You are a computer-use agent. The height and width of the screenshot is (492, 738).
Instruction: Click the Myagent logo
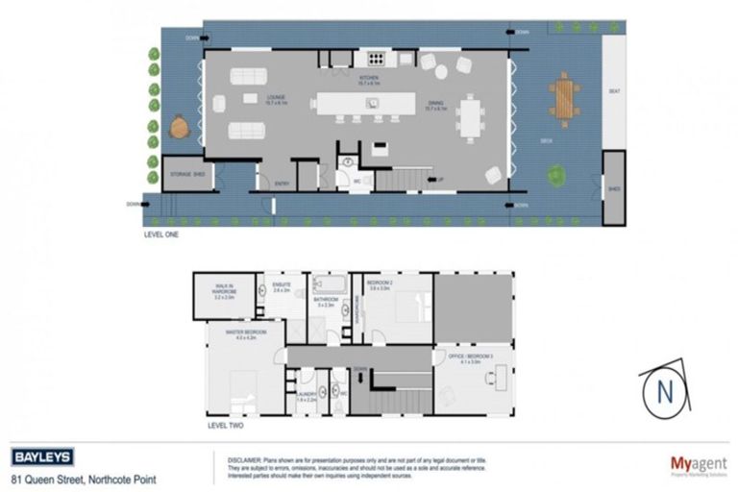[698, 464]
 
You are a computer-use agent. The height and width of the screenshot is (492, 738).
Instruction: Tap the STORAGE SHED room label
[186, 175]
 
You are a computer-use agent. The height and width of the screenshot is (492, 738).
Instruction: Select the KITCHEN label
[369, 77]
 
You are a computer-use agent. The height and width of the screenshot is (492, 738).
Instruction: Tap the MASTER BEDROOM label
[245, 332]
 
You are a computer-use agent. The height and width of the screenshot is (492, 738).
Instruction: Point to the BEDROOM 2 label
[381, 283]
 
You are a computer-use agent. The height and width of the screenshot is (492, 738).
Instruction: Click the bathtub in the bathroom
[329, 284]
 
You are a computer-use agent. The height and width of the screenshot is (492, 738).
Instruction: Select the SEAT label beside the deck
[614, 92]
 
